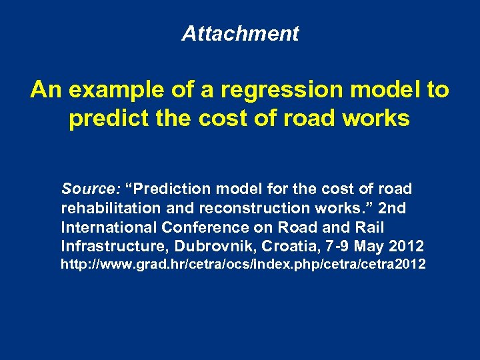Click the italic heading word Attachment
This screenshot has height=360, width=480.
[240, 33]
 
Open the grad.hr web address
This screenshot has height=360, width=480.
[243, 265]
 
